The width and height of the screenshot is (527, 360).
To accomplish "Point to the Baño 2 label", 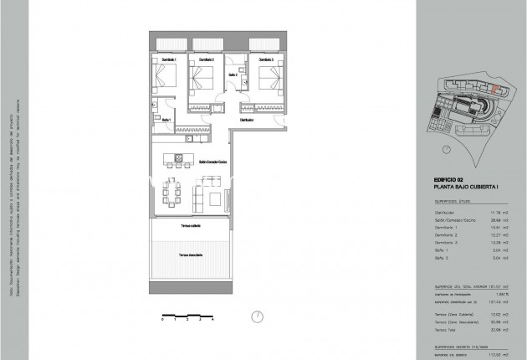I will point(233,75).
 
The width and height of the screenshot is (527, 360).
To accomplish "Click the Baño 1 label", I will point(166,120).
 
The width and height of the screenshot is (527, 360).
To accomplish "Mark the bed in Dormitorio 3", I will point(267,81).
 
